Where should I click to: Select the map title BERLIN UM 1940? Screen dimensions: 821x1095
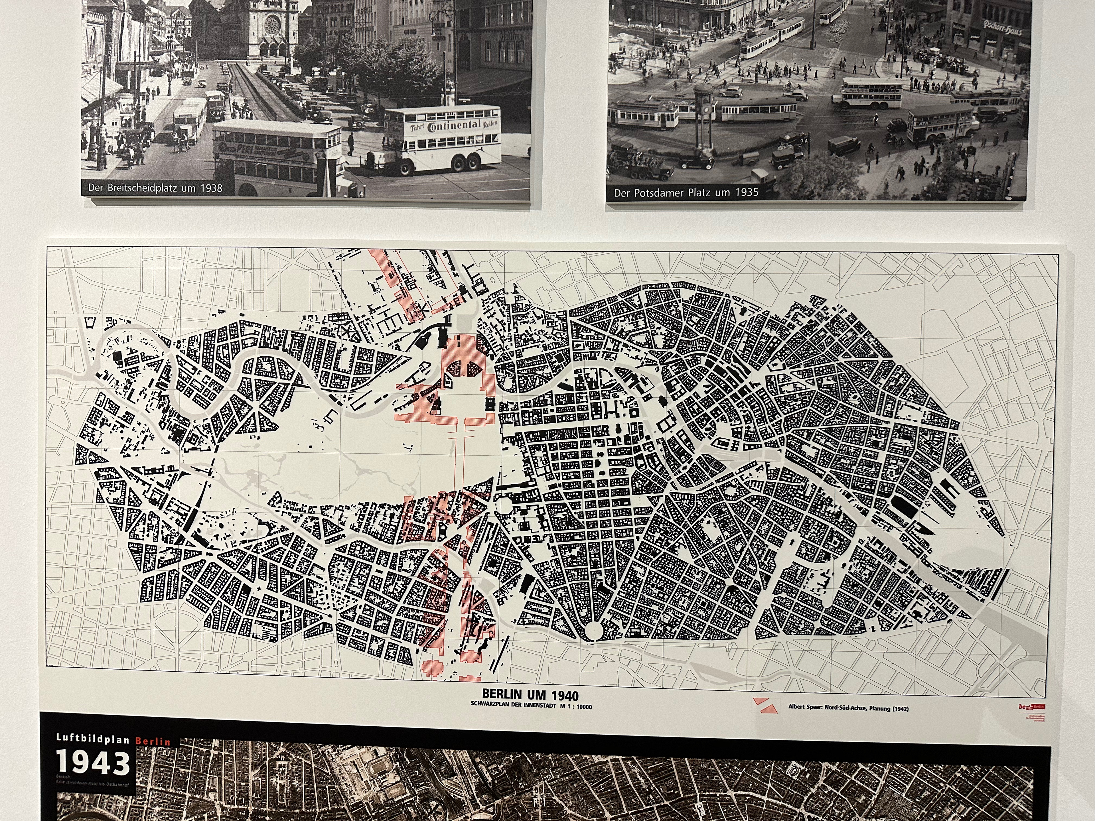click(530, 695)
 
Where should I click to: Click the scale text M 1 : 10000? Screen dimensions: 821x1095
click(573, 707)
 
